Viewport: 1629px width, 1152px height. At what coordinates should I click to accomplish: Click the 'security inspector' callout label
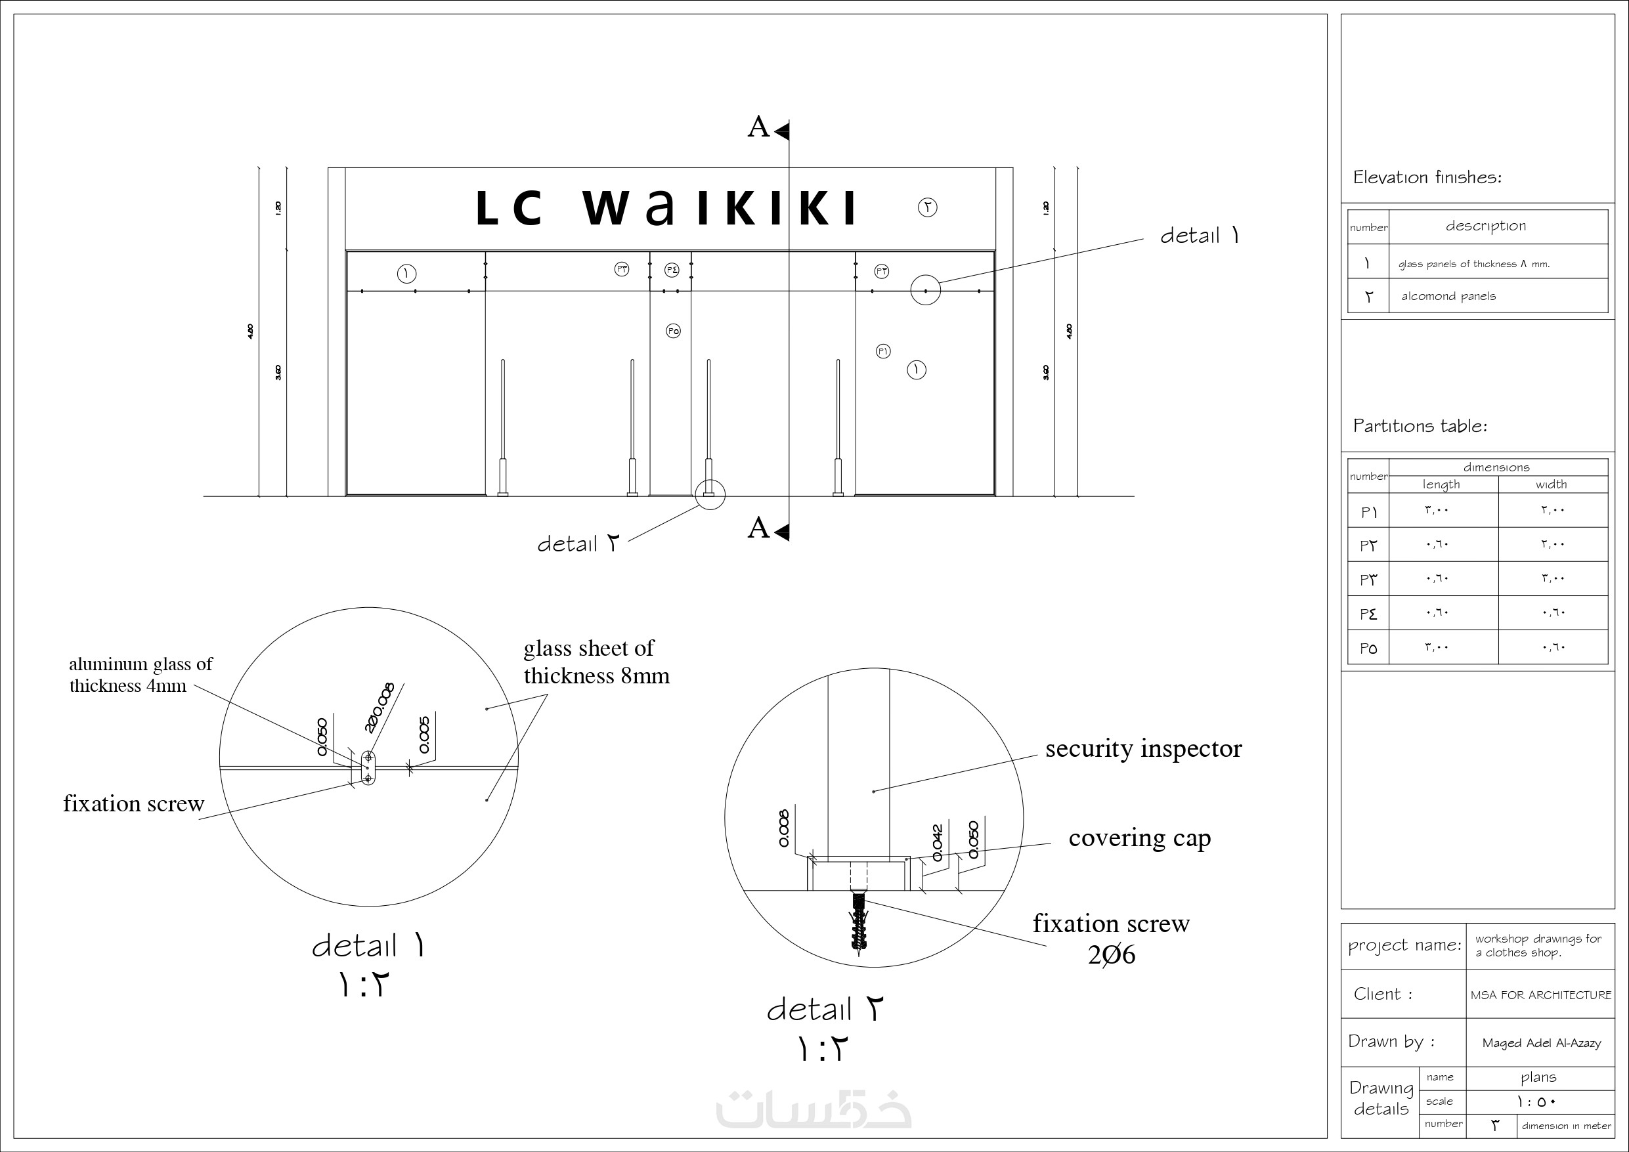pyautogui.click(x=1143, y=749)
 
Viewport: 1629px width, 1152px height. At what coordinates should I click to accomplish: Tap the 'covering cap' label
pyautogui.click(x=1139, y=838)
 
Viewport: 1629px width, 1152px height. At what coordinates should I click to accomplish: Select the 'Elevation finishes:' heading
pyautogui.click(x=1427, y=177)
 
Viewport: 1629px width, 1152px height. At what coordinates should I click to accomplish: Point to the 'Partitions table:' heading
pyautogui.click(x=1420, y=426)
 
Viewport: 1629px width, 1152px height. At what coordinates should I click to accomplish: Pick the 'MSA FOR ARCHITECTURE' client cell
pyautogui.click(x=1540, y=995)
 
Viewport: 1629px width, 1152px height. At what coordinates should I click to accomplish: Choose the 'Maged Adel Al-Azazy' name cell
pyautogui.click(x=1541, y=1043)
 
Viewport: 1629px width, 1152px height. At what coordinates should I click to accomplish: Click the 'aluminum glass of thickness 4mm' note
pyautogui.click(x=141, y=675)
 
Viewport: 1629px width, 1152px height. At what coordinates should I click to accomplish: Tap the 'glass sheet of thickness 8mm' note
pyautogui.click(x=596, y=662)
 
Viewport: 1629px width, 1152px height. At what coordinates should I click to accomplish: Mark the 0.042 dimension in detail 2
pyautogui.click(x=937, y=842)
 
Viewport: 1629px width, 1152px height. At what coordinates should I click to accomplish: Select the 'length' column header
pyautogui.click(x=1441, y=484)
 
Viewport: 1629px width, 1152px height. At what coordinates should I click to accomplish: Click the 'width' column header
pyautogui.click(x=1551, y=484)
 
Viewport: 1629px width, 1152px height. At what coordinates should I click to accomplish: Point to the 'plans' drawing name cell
pyautogui.click(x=1538, y=1078)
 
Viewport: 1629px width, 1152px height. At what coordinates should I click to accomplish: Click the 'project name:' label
pyautogui.click(x=1404, y=946)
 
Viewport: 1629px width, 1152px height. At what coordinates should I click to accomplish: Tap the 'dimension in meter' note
pyautogui.click(x=1566, y=1126)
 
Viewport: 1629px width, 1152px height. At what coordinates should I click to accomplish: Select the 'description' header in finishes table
pyautogui.click(x=1486, y=226)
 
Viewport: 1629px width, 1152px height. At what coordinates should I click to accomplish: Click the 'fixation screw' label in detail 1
pyautogui.click(x=133, y=803)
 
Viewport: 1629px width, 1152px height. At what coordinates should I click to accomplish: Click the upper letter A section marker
pyautogui.click(x=758, y=127)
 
